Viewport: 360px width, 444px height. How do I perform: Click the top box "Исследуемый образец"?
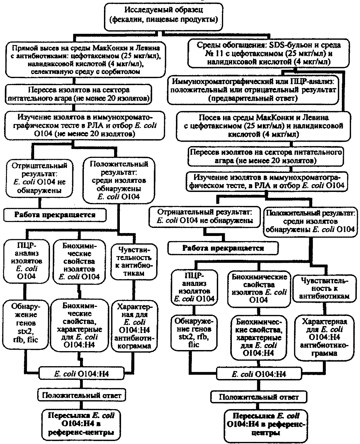click(164, 16)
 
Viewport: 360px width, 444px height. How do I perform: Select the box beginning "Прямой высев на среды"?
click(85, 60)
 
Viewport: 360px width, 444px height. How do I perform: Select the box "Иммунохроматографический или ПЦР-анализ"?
click(253, 90)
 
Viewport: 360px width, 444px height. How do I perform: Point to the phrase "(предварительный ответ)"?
click(253, 98)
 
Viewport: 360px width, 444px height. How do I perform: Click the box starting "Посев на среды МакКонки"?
click(264, 126)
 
